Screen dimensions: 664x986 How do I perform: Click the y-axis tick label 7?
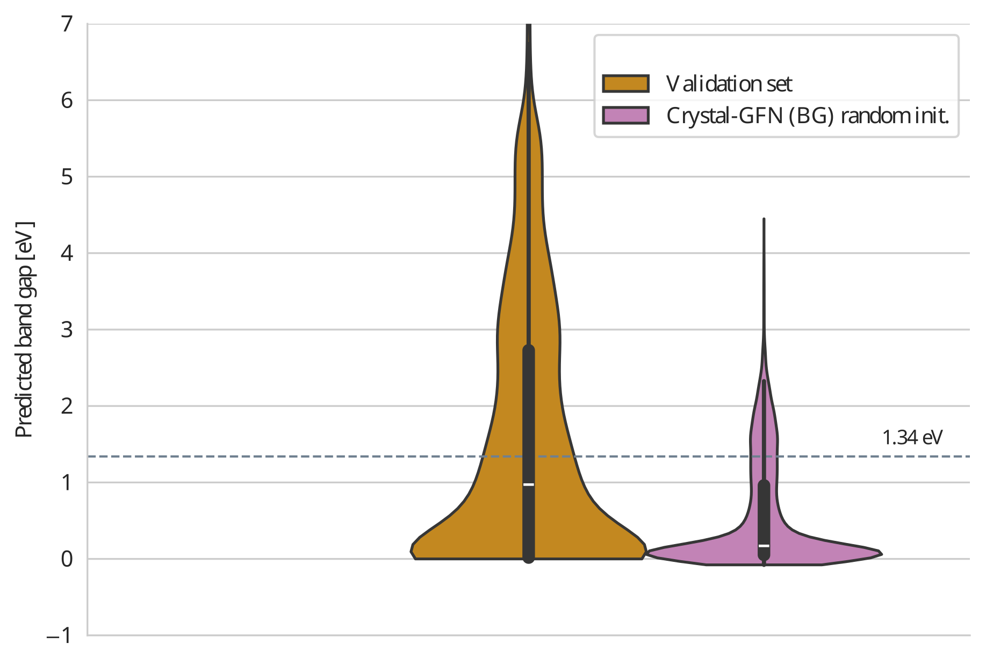point(67,24)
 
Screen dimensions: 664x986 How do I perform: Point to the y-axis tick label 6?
point(67,101)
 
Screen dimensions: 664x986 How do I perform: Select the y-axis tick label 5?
point(67,177)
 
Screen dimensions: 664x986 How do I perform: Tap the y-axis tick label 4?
point(67,253)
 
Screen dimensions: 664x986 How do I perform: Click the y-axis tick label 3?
point(67,330)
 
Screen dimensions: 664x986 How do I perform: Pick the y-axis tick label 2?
point(67,406)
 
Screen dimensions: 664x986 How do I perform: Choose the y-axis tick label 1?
point(67,483)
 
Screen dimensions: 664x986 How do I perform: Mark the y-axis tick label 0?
point(67,559)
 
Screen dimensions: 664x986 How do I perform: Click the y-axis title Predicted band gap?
point(25,329)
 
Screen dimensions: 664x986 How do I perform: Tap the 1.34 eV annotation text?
point(912,438)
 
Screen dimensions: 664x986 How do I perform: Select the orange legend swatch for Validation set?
point(625,83)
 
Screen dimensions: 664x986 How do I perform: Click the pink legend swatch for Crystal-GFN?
point(625,116)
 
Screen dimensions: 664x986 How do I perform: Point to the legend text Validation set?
point(729,84)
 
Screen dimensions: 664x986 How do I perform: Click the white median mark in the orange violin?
point(529,484)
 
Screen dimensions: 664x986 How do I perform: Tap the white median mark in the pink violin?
point(764,546)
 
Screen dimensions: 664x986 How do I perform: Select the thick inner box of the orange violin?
point(529,419)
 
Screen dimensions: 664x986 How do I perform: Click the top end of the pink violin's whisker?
point(764,219)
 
